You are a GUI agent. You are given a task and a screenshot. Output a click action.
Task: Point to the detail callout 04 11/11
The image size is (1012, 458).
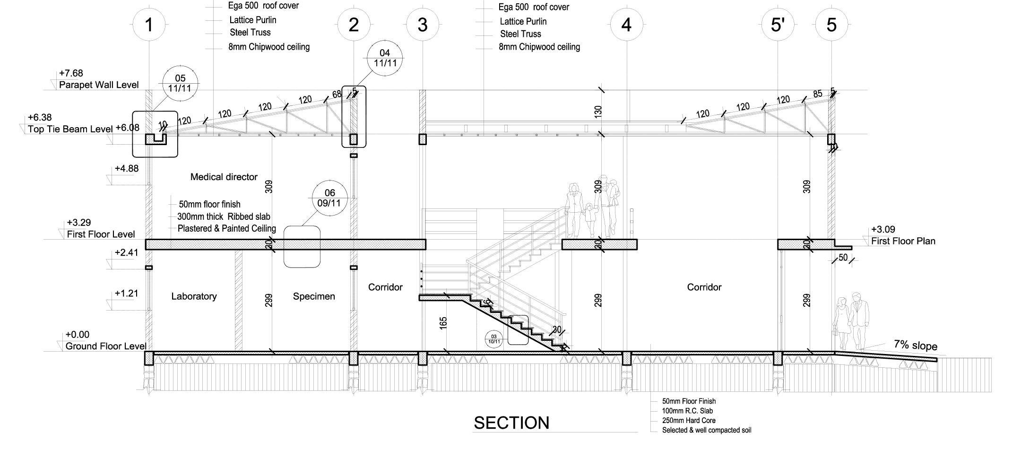click(385, 58)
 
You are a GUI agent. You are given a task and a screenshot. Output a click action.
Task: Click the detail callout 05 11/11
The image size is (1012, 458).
click(180, 83)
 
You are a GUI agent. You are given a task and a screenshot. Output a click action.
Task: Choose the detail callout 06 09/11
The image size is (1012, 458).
click(329, 198)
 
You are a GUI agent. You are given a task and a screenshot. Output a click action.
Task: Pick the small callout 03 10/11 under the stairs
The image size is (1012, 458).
click(494, 339)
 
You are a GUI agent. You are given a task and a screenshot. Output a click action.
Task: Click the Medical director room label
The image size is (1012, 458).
click(224, 177)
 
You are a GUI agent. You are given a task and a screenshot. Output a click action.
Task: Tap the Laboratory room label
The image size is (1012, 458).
click(194, 296)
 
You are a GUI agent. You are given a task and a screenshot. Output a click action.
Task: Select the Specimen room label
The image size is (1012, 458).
click(314, 296)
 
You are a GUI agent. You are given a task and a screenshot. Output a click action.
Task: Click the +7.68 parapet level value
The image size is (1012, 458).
click(71, 73)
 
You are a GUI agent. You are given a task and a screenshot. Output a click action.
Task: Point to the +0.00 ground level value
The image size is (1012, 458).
click(78, 335)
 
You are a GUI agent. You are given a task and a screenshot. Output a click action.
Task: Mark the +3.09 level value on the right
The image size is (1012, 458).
click(883, 230)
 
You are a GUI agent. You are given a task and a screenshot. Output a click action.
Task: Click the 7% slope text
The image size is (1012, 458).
click(915, 345)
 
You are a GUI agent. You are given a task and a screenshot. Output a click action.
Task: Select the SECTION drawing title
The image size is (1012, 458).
click(511, 423)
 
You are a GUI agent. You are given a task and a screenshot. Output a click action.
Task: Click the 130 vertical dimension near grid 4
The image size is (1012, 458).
click(598, 112)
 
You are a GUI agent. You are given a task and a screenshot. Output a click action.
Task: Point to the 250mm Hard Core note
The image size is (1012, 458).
click(689, 421)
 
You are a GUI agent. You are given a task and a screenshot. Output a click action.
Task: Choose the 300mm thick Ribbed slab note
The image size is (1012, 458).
click(224, 216)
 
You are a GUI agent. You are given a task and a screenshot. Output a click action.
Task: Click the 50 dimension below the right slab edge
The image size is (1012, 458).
click(843, 258)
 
